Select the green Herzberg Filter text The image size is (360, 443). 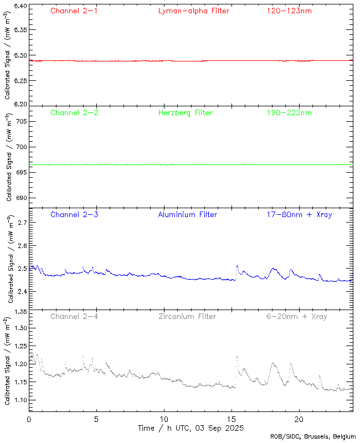(185, 112)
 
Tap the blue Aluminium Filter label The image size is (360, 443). (188, 214)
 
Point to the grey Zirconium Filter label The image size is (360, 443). (187, 316)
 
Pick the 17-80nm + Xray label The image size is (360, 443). (299, 214)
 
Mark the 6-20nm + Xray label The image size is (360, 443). (296, 316)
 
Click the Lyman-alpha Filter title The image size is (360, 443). (193, 11)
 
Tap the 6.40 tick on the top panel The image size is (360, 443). (19, 6)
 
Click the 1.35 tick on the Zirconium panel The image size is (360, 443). (19, 312)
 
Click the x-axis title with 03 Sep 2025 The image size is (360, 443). (191, 429)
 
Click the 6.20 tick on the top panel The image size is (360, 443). (19, 104)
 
